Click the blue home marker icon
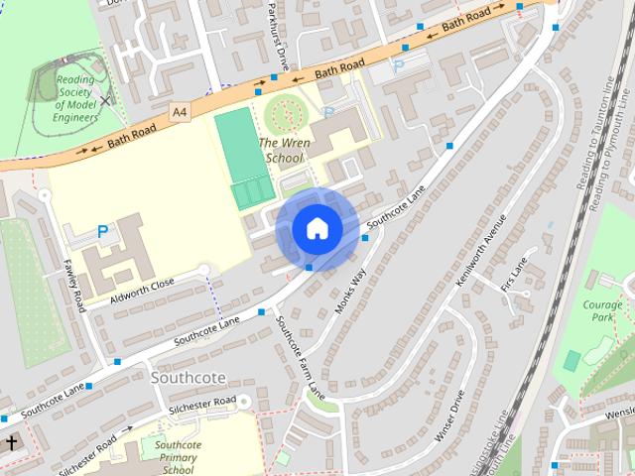click(x=317, y=228)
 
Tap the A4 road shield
click(x=179, y=112)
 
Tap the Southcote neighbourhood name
click(x=189, y=378)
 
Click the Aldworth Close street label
click(x=142, y=289)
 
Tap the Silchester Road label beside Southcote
click(x=201, y=402)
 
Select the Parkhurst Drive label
click(x=278, y=30)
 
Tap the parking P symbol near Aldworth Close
click(x=102, y=232)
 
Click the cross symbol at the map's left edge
click(x=12, y=442)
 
